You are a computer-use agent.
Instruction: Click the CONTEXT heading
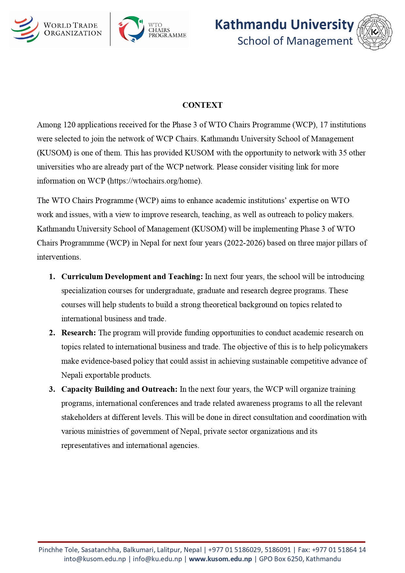coord(202,105)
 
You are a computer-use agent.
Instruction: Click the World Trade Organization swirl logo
coord(25,29)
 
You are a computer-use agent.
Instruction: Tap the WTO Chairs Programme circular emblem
coord(131,29)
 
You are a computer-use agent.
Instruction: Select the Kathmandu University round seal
coord(375,32)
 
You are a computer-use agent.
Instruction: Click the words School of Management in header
coord(295,41)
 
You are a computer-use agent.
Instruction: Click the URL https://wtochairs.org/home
coord(154,181)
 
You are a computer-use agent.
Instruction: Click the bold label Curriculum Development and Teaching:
coord(132,277)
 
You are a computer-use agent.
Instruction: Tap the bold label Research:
coord(78,333)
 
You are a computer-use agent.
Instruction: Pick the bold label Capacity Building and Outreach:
coord(119,389)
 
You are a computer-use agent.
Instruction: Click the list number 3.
coord(52,389)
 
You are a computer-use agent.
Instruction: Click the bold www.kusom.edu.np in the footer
coord(220,559)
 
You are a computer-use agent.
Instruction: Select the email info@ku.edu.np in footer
coord(157,559)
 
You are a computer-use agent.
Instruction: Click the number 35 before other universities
coord(342,153)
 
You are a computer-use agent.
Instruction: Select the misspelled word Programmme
coord(82,243)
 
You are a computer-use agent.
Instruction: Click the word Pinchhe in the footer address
coord(50,550)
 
